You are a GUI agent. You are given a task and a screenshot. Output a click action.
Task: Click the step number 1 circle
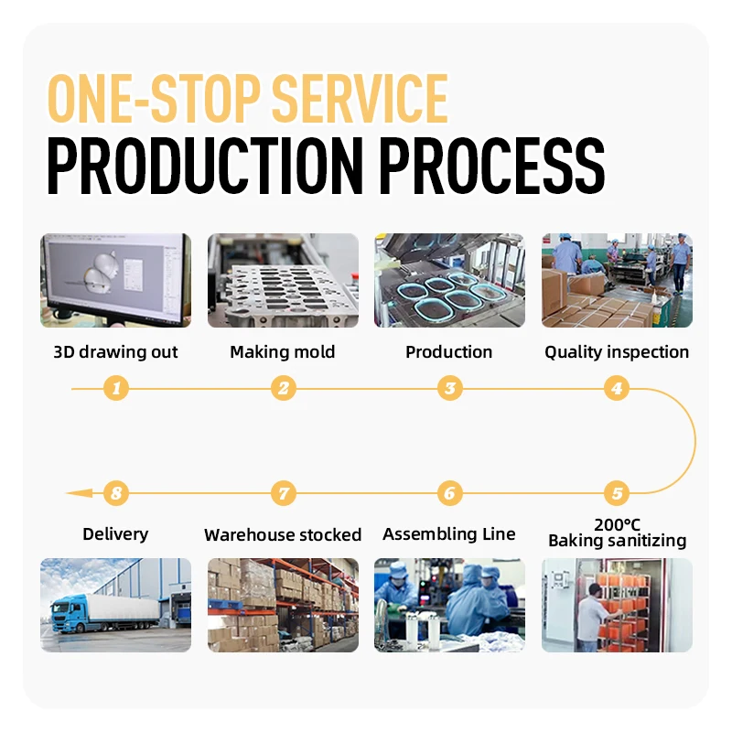point(115,389)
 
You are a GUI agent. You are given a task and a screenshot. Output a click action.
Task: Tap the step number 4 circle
point(617,389)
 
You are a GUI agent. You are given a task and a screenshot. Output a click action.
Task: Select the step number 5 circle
point(617,493)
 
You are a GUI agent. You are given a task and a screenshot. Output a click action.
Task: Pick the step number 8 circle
point(115,493)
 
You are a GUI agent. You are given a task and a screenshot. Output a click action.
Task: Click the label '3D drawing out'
point(115,352)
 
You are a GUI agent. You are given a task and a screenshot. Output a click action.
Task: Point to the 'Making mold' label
point(283,352)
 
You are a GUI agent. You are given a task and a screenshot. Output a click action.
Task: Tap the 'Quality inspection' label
point(617,352)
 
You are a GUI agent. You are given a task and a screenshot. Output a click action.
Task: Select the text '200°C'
point(617,524)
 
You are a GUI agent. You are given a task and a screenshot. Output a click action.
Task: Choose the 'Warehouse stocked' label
point(283,535)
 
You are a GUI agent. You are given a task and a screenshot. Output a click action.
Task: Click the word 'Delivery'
point(115,534)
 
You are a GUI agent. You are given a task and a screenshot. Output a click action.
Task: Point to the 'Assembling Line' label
point(449,534)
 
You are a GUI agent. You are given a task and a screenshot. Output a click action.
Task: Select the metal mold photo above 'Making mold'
point(283,280)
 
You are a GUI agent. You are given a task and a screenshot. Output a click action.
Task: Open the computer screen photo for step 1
point(115,280)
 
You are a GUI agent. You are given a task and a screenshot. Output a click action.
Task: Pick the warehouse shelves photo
point(283,605)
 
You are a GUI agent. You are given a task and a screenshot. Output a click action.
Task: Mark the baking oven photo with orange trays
point(617,605)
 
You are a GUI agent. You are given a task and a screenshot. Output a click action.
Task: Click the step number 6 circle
point(449,493)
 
